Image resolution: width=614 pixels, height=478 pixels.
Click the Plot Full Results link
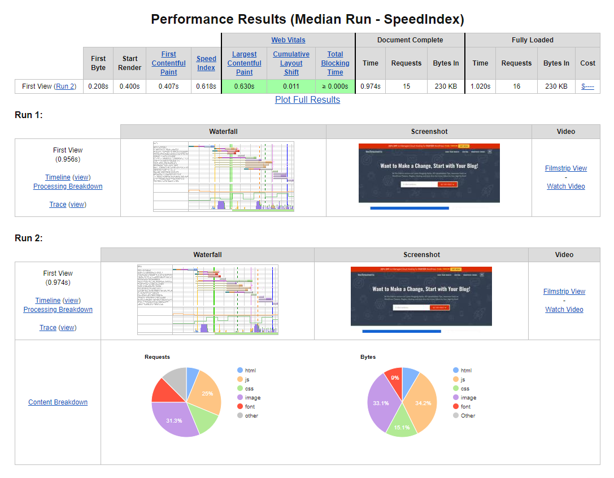tap(307, 99)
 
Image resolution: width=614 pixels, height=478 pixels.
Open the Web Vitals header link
tap(288, 40)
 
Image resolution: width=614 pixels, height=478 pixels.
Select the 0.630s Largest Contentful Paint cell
tap(244, 86)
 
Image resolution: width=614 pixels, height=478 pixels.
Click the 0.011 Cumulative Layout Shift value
tap(291, 86)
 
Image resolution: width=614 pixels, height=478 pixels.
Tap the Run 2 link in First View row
tap(66, 86)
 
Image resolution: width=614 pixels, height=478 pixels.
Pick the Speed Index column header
tap(206, 63)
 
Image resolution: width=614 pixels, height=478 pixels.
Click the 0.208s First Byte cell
tap(98, 86)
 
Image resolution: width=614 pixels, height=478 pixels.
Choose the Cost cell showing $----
tap(587, 86)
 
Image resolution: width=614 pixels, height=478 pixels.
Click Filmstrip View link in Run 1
tap(565, 168)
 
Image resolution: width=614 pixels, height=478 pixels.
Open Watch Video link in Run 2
tap(564, 310)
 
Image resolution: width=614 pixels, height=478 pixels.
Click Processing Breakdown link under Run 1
tap(68, 186)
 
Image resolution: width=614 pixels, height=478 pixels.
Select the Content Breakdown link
tap(58, 402)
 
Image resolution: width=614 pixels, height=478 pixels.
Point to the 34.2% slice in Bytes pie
tap(421, 402)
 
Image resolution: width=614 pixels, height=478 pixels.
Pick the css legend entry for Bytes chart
tap(465, 389)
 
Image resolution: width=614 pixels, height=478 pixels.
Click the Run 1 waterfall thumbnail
tap(223, 177)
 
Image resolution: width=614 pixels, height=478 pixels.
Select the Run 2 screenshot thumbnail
tap(421, 297)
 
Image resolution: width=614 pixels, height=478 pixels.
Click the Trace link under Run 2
tap(48, 328)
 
